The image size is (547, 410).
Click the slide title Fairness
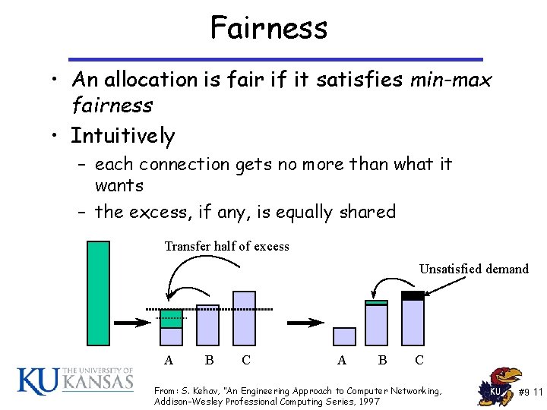[269, 28]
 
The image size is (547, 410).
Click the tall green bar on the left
[98, 292]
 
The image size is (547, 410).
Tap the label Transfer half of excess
[226, 246]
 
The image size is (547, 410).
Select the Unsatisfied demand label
[473, 268]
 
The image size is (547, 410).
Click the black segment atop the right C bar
[413, 295]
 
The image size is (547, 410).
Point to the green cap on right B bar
[376, 303]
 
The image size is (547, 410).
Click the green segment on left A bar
[172, 318]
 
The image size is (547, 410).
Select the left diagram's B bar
[207, 325]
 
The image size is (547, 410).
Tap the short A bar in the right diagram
[344, 336]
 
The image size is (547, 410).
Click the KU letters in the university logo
[36, 381]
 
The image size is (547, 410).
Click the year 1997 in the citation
[368, 401]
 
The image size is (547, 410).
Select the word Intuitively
[122, 136]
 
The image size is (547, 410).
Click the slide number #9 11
[530, 392]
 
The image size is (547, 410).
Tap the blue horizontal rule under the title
[275, 59]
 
